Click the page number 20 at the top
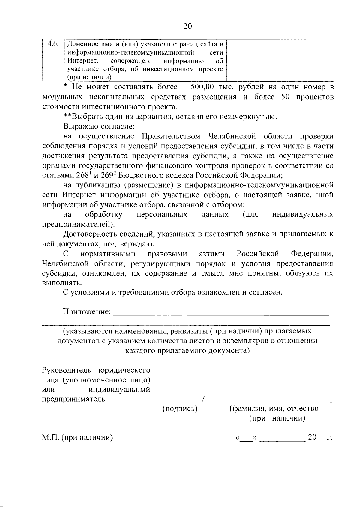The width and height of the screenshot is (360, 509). [187, 26]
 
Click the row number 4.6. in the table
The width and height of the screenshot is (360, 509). [53, 44]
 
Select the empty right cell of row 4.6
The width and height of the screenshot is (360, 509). [280, 60]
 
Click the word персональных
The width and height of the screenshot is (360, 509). [162, 215]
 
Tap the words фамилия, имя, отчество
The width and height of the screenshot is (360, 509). [274, 409]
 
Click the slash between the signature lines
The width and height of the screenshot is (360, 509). [203, 399]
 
